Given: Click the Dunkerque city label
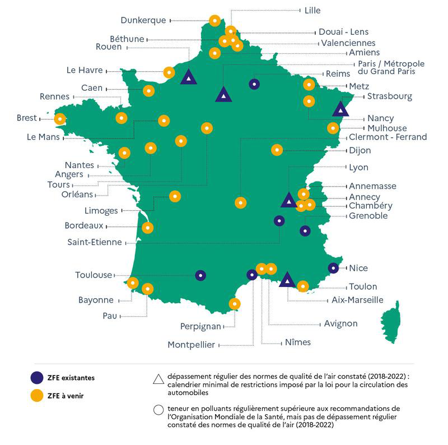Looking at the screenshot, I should point(143,20).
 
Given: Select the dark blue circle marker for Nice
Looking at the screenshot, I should point(334,268).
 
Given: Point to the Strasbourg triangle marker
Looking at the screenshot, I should point(340,109).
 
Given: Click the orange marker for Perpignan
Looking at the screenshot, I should point(235,304).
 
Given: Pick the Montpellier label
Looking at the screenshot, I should point(191,345).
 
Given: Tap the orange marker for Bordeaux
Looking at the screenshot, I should point(148,228).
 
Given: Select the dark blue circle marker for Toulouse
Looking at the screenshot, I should point(200,275).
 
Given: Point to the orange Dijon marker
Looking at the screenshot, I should point(277,150).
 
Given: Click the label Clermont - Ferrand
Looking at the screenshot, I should point(388,137).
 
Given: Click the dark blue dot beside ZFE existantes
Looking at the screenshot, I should point(38,377).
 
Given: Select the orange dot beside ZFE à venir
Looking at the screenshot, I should point(38,396).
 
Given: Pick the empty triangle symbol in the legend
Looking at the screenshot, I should point(158,379).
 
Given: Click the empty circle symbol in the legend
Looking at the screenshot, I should point(158,410).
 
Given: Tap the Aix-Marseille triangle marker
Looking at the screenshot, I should point(287,280).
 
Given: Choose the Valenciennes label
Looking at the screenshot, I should point(348,43).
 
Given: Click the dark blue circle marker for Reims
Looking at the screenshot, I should point(254,84).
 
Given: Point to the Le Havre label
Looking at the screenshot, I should point(85,71).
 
